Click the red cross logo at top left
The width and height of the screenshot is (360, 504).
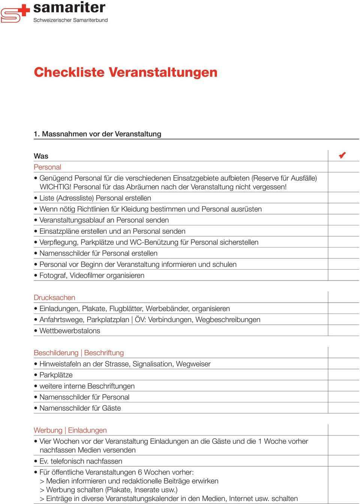pyautogui.click(x=15, y=13)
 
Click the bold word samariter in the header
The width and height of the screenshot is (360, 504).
pyautogui.click(x=69, y=7)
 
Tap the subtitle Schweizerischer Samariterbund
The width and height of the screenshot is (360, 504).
pyautogui.click(x=70, y=20)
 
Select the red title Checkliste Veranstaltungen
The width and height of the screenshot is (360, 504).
pyautogui.click(x=126, y=72)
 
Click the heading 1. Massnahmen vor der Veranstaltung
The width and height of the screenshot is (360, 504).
pyautogui.click(x=97, y=134)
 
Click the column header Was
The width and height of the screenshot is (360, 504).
pyautogui.click(x=41, y=156)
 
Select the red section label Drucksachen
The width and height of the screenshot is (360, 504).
pyautogui.click(x=54, y=297)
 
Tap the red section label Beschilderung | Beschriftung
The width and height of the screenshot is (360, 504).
pyautogui.click(x=79, y=352)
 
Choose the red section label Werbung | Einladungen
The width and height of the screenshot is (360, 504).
pyautogui.click(x=70, y=430)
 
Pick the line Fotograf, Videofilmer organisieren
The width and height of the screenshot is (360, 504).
pyautogui.click(x=92, y=275)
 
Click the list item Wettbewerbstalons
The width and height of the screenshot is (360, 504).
pyautogui.click(x=70, y=331)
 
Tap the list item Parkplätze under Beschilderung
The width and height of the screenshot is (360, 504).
pyautogui.click(x=56, y=375)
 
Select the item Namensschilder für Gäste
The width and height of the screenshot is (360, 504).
pyautogui.click(x=80, y=408)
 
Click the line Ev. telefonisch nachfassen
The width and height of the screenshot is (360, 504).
pyautogui.click(x=81, y=461)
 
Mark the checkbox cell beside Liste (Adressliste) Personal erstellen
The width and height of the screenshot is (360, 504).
pyautogui.click(x=343, y=198)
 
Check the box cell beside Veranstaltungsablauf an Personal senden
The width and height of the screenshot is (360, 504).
pyautogui.click(x=343, y=220)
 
